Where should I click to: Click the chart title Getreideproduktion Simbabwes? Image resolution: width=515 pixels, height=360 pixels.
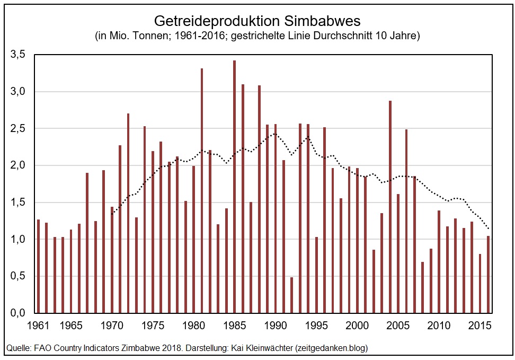257,21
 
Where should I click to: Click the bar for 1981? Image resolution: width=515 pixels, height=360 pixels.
202,191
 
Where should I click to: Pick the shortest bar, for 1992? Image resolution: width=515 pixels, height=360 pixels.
291,295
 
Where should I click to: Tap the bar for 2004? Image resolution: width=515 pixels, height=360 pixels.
390,207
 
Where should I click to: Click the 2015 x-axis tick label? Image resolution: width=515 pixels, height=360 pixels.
480,324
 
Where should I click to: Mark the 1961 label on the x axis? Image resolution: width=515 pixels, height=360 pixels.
38,324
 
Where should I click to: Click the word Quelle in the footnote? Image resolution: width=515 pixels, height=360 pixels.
17,348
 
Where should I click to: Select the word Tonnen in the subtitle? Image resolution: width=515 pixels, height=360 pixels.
143,37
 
